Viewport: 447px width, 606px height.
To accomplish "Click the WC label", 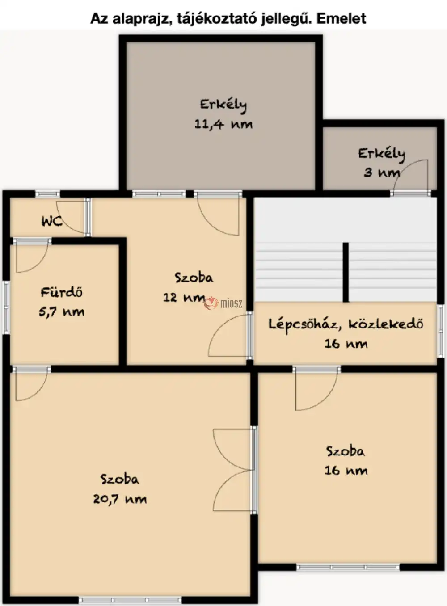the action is pos(52,221).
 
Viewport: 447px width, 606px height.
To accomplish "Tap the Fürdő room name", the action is pos(62,292).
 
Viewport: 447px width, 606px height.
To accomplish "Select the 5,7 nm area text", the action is pos(62,312).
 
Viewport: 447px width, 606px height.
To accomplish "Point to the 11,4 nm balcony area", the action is pos(223,124).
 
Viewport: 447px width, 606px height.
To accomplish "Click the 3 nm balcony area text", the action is pos(382,173).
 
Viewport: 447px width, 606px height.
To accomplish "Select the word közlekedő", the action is pos(386,324).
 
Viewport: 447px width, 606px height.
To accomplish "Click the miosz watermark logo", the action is pos(223,304).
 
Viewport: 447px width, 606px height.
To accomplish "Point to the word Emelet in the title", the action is pos(341,19).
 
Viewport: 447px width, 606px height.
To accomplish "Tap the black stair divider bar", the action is pos(346,272).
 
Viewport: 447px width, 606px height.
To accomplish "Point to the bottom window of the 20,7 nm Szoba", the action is pos(131,600).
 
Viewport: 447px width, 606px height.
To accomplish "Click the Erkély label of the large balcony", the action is pos(223,105).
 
